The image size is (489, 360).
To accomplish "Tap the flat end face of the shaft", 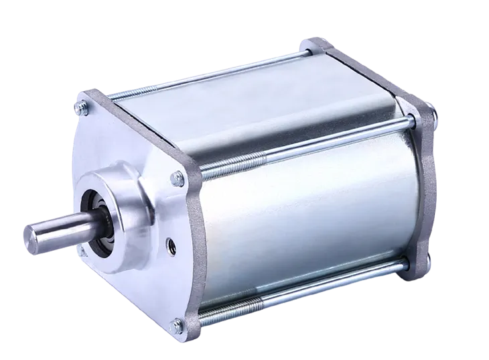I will click(30, 237).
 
